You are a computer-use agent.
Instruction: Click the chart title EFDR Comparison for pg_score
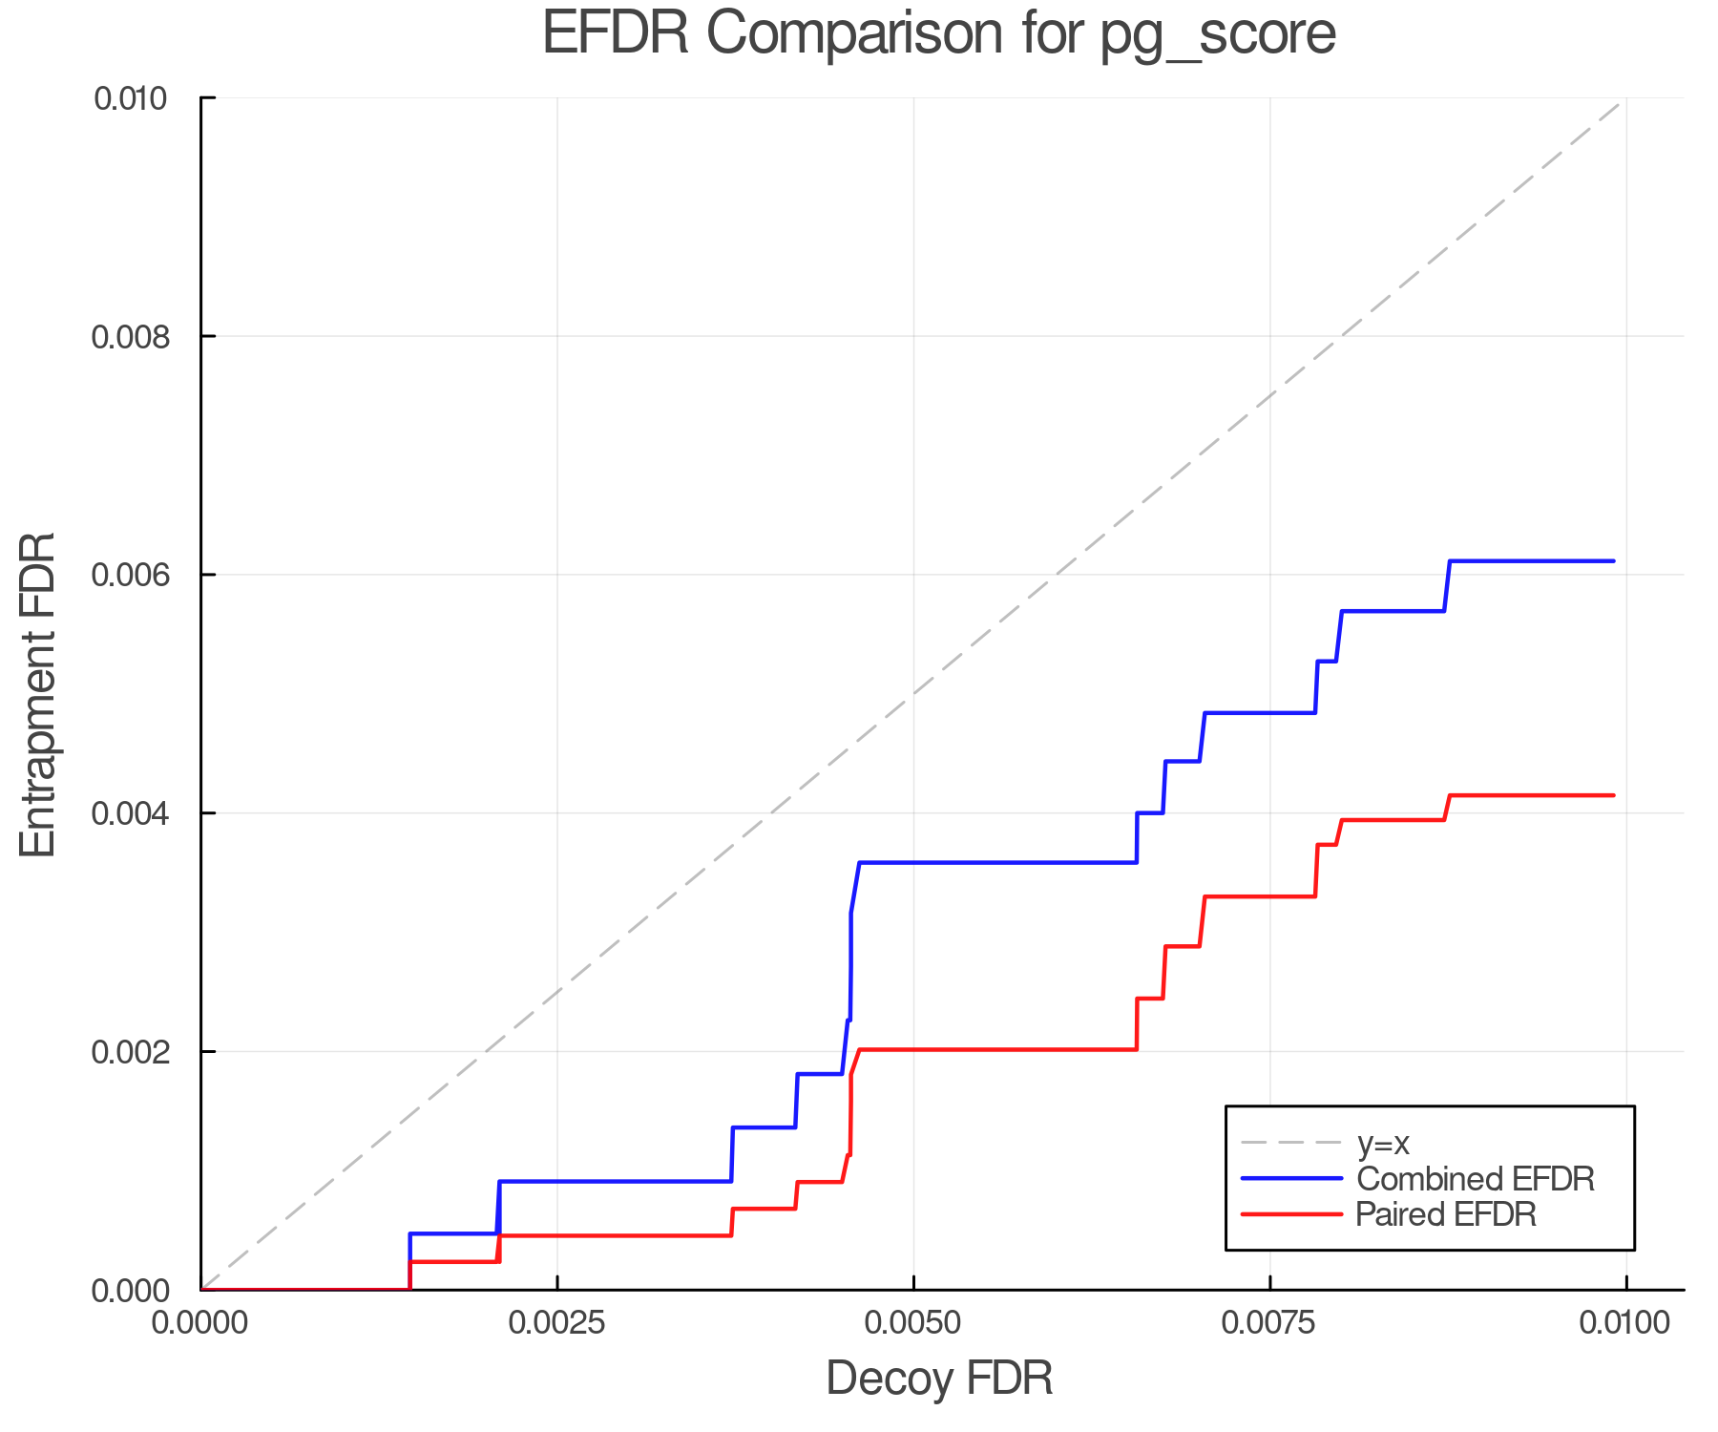pos(939,34)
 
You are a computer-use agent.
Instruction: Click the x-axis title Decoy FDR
pos(939,1379)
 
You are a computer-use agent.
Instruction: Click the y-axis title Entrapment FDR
pos(38,694)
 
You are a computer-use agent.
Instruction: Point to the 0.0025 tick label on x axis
pos(557,1323)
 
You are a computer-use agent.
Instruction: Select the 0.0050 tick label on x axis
pos(913,1323)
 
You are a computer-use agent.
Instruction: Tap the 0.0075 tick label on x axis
pos(1269,1323)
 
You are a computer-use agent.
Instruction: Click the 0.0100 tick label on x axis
pos(1625,1323)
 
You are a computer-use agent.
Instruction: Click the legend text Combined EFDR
pos(1475,1179)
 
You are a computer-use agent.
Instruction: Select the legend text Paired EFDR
pos(1446,1214)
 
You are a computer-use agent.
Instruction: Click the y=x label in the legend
pos(1383,1143)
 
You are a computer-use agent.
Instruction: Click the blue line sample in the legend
pos(1290,1179)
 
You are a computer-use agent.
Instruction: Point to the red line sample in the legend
pos(1290,1214)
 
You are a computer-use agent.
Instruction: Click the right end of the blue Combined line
pos(1613,561)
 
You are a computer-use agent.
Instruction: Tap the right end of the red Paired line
pos(1613,795)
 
